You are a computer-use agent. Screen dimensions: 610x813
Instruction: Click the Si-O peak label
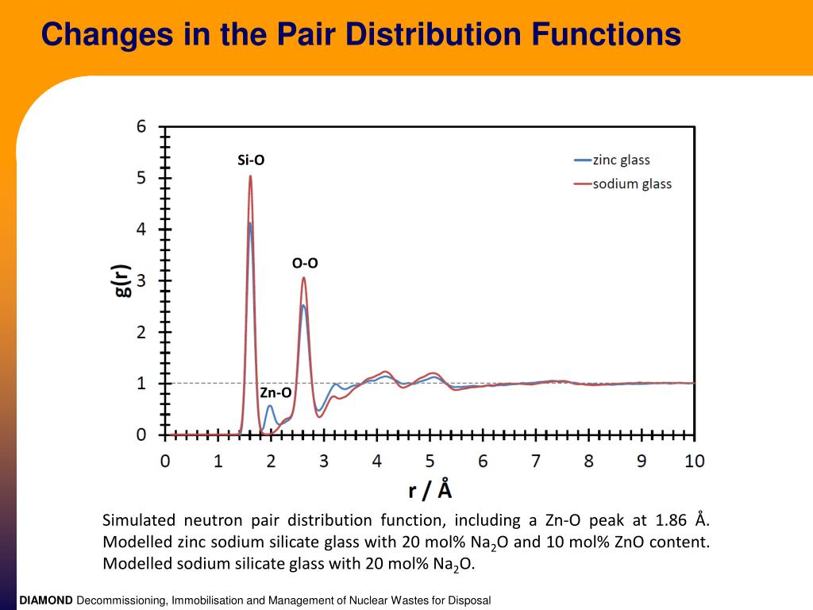[251, 160]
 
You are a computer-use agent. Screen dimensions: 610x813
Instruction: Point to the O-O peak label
[305, 263]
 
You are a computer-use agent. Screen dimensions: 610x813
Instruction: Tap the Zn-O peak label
[275, 392]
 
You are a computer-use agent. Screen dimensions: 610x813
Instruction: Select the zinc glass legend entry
[621, 160]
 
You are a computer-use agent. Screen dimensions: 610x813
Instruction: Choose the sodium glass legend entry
[632, 184]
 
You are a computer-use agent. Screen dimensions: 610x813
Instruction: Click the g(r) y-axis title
[121, 280]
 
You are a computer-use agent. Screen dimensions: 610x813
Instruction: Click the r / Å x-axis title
[430, 489]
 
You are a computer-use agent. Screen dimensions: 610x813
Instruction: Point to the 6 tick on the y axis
[141, 126]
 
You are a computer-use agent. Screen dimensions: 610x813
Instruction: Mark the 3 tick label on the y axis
[141, 280]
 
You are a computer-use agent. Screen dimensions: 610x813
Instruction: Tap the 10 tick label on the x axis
[695, 461]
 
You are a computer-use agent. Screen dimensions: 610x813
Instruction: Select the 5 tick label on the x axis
[430, 461]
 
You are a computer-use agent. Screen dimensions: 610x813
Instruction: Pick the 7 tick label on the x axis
[536, 461]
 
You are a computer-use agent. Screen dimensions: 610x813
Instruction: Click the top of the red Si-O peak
[250, 176]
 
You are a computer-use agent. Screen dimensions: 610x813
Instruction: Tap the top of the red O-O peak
[303, 277]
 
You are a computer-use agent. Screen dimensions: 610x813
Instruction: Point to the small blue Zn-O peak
[270, 406]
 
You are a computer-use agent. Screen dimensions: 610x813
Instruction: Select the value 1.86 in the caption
[672, 521]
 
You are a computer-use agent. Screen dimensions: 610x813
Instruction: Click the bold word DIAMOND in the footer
[46, 600]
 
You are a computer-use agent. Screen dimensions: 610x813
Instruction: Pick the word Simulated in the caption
[139, 521]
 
